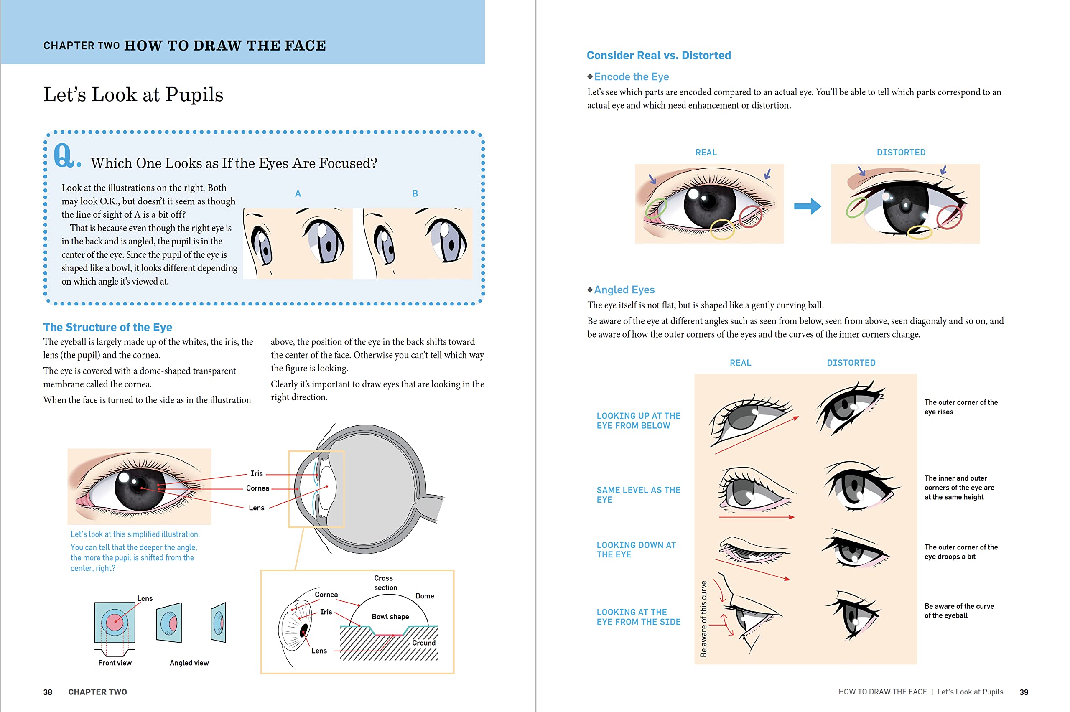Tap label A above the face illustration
pyautogui.click(x=298, y=193)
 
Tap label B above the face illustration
pyautogui.click(x=415, y=193)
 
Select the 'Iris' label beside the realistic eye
pyautogui.click(x=257, y=473)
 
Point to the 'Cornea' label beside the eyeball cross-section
pyautogui.click(x=257, y=488)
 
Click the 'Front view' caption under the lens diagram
pyautogui.click(x=115, y=663)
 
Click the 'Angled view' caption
pyautogui.click(x=189, y=663)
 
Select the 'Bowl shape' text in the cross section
pyautogui.click(x=390, y=616)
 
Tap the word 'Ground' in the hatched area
pyautogui.click(x=423, y=643)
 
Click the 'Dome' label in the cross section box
pyautogui.click(x=424, y=596)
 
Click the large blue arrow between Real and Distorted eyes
pyautogui.click(x=807, y=206)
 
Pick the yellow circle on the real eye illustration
pyautogui.click(x=722, y=229)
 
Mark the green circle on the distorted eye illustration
pyautogui.click(x=856, y=207)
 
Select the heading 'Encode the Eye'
pyautogui.click(x=631, y=77)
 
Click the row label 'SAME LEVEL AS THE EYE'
pyautogui.click(x=638, y=494)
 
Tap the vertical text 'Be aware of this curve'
pyautogui.click(x=703, y=618)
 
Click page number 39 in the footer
pyautogui.click(x=1024, y=692)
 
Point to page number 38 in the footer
pyautogui.click(x=48, y=692)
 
